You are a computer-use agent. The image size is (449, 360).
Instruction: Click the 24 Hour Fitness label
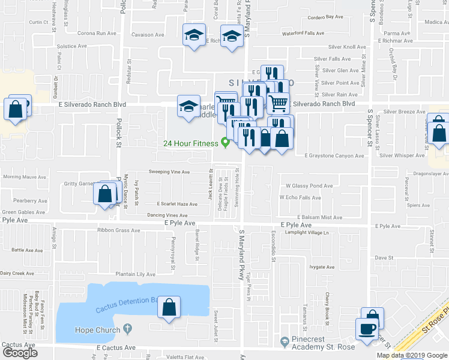click(191, 143)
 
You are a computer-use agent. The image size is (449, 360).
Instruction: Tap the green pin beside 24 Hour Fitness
click(226, 143)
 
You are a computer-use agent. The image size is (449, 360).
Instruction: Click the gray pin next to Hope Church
click(126, 329)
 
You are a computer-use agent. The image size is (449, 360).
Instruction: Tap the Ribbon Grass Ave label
click(119, 230)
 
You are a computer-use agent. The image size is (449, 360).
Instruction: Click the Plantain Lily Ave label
click(137, 274)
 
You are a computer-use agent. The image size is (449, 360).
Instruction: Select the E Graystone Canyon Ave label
click(334, 156)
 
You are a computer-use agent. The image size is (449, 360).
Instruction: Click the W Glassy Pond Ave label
click(309, 186)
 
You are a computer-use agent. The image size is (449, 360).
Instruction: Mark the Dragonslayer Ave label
click(425, 173)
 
